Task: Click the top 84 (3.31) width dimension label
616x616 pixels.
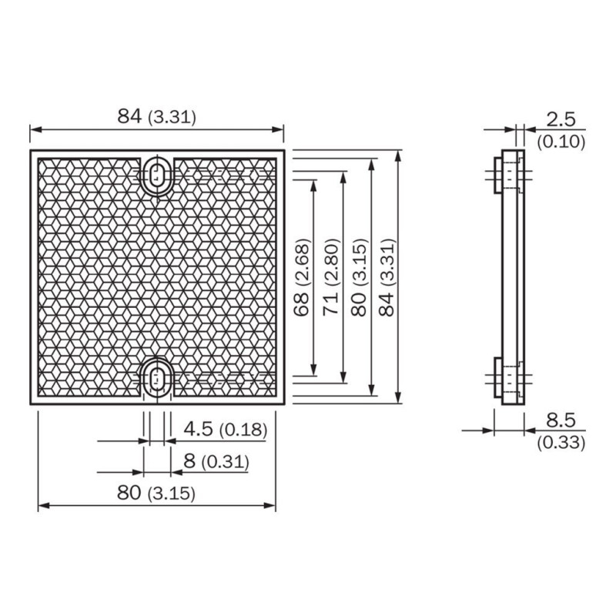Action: point(156,117)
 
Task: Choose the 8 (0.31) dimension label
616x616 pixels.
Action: point(216,461)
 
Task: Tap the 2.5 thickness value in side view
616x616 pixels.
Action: point(561,119)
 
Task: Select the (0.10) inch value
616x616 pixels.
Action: point(561,141)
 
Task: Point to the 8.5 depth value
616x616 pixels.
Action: point(561,420)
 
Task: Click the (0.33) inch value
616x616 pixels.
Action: point(561,442)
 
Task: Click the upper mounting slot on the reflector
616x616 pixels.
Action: point(158,175)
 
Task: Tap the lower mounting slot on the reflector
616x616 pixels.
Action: point(158,378)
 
